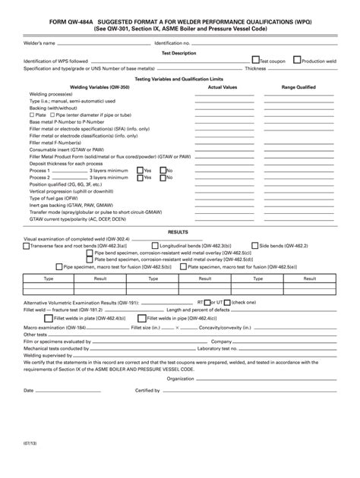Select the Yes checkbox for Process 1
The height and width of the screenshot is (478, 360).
point(140,171)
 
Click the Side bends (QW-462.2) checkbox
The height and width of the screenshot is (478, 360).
point(256,246)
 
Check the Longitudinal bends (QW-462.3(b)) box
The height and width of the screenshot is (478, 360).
point(156,246)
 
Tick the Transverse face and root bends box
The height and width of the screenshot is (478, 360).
point(26,246)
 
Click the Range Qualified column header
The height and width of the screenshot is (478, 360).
point(298,87)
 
